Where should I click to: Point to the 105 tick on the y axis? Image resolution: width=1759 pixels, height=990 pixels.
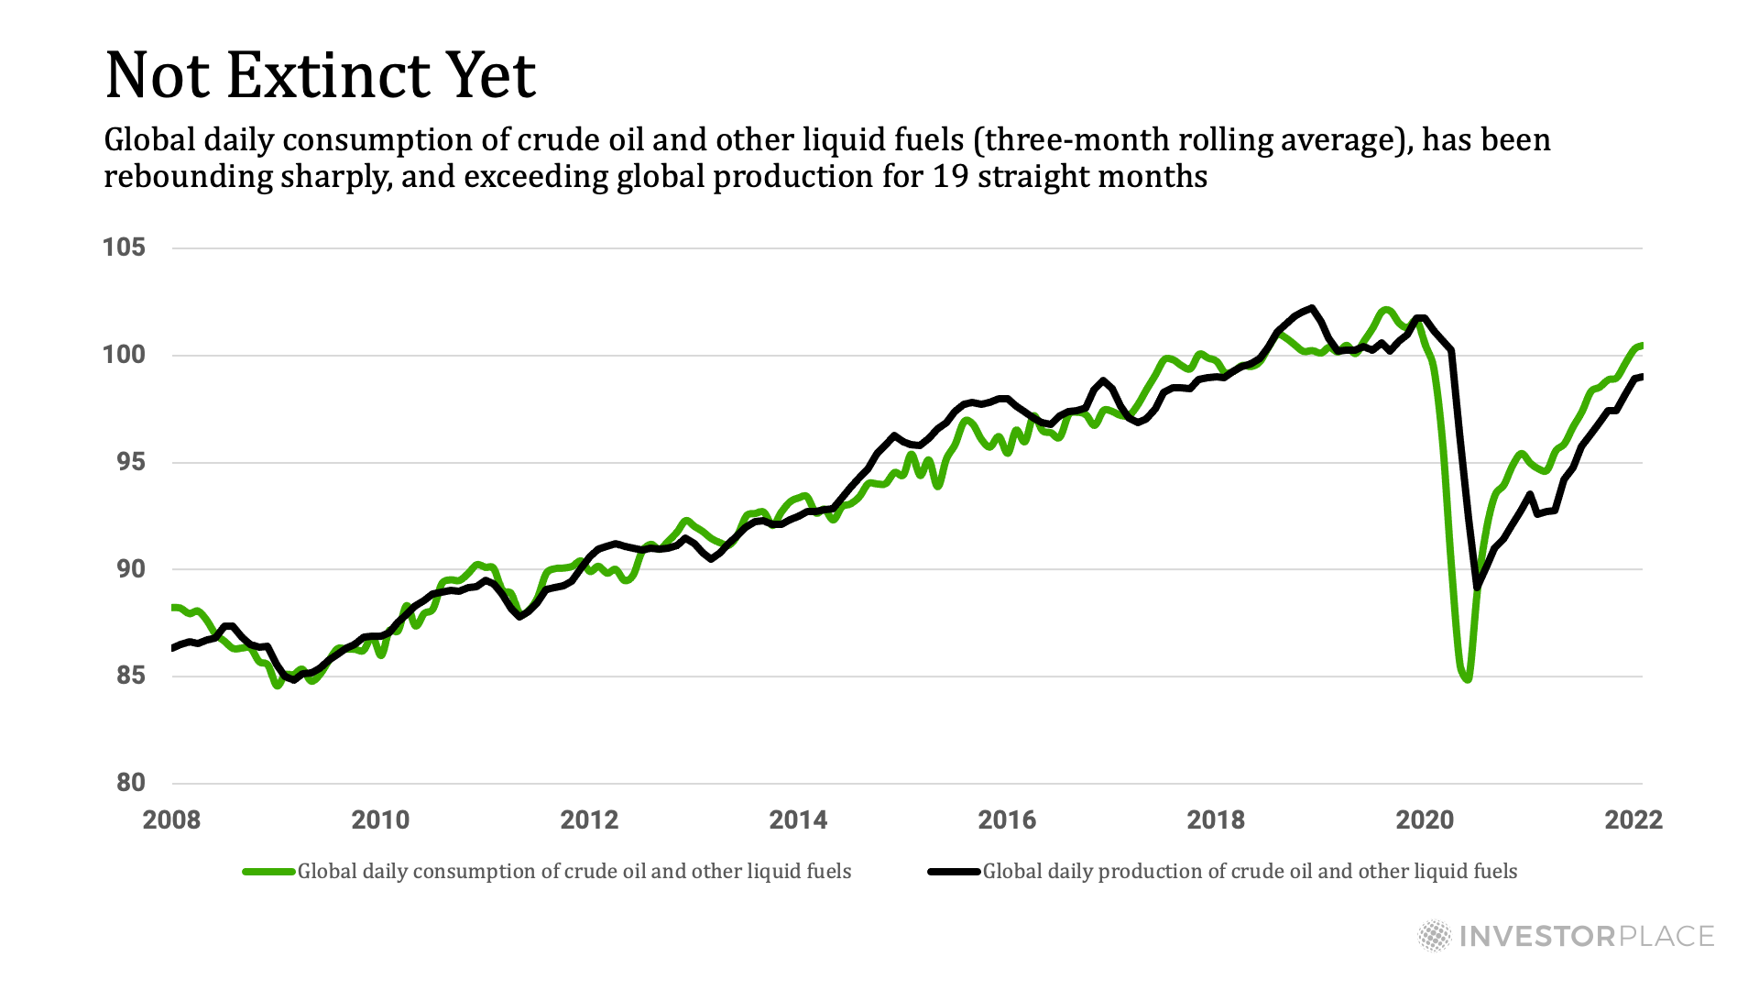pos(124,247)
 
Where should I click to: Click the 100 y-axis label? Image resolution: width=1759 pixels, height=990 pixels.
pos(124,355)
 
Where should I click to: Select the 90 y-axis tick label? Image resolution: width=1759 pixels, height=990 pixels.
pos(130,569)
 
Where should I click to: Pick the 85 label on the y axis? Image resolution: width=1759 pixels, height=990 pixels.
pos(130,676)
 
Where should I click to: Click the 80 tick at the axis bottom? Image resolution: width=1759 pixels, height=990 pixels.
pos(130,783)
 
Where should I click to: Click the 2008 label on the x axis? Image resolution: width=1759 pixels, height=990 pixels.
pos(171,819)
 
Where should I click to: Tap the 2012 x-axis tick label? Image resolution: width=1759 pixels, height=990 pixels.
pos(589,819)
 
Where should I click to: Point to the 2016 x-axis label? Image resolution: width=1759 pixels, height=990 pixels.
pos(1007,819)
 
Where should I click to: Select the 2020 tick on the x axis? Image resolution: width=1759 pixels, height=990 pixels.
pos(1425,819)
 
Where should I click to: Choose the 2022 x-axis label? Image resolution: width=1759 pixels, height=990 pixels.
pos(1633,819)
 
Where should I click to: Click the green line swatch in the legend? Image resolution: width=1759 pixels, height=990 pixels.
pos(268,872)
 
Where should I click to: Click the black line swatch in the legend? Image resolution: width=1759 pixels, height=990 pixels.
pos(954,872)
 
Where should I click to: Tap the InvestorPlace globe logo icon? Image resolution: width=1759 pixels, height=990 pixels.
pos(1435,936)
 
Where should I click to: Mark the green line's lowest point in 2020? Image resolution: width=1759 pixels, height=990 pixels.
pos(1468,679)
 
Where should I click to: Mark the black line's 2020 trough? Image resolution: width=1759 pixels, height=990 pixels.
pos(1477,588)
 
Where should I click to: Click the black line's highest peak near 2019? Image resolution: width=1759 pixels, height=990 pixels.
pos(1312,308)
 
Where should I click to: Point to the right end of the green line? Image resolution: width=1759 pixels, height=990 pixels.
pos(1641,346)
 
